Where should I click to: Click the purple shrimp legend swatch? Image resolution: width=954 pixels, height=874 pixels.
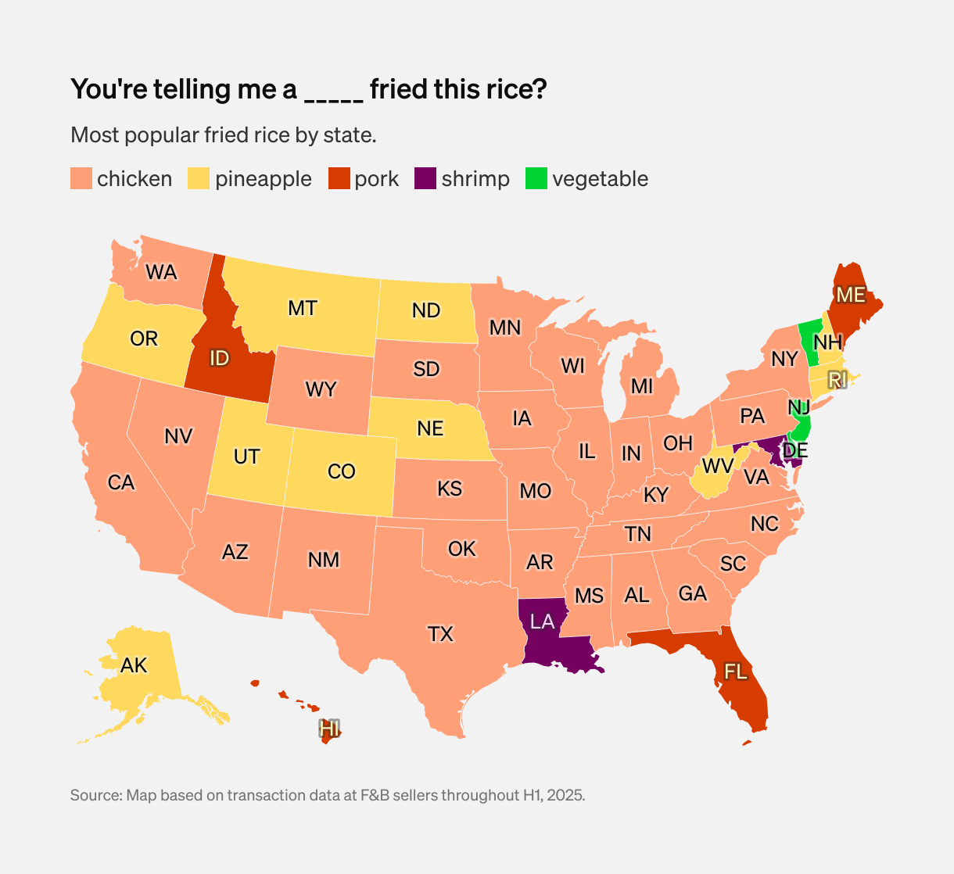coord(425,179)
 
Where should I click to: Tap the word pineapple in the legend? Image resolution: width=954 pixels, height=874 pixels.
coord(263,179)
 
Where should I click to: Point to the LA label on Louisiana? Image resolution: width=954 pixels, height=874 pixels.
coord(542,622)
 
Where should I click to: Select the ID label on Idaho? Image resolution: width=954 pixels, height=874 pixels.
coord(219,359)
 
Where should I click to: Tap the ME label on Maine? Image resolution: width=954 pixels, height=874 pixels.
coord(851,296)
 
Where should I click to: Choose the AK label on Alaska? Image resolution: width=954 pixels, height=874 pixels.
coord(134,666)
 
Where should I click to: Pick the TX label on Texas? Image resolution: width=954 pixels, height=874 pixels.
coord(440,634)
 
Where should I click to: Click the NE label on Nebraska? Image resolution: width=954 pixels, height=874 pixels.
coord(430,428)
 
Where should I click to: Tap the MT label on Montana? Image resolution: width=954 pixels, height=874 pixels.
coord(303,309)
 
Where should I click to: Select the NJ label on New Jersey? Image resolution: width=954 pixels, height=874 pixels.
coord(799,408)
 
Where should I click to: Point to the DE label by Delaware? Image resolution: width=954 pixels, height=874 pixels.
coord(795,451)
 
